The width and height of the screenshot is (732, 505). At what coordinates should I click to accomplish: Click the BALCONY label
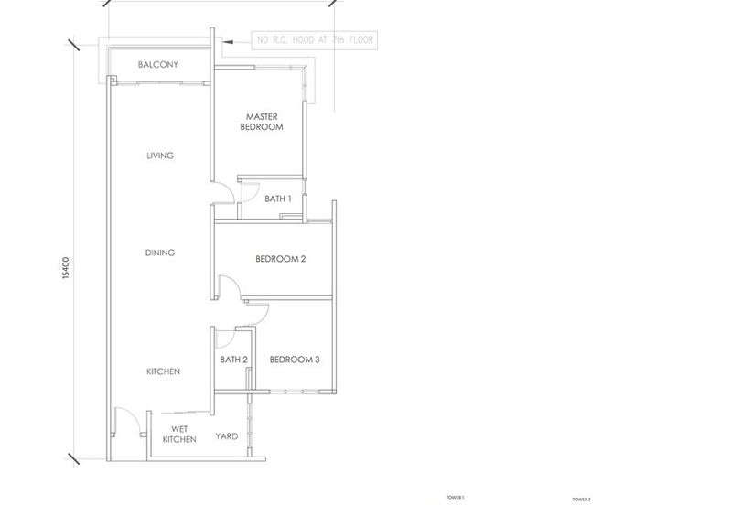157,65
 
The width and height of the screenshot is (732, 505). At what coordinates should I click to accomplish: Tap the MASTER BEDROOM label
262,122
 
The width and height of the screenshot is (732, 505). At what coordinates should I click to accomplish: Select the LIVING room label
160,156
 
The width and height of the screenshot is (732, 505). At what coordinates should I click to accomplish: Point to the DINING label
160,252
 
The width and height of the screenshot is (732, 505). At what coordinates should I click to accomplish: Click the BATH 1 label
278,199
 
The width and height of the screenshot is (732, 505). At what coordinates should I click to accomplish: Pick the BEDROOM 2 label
280,259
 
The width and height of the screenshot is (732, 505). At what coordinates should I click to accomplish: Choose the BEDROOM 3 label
295,360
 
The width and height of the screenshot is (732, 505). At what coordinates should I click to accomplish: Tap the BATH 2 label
234,360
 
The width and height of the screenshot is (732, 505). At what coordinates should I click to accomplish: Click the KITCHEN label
163,371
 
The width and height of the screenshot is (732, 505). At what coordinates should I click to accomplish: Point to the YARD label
226,436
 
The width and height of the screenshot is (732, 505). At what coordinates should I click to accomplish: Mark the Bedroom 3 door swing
257,314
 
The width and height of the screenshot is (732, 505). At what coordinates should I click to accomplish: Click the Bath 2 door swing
223,338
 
